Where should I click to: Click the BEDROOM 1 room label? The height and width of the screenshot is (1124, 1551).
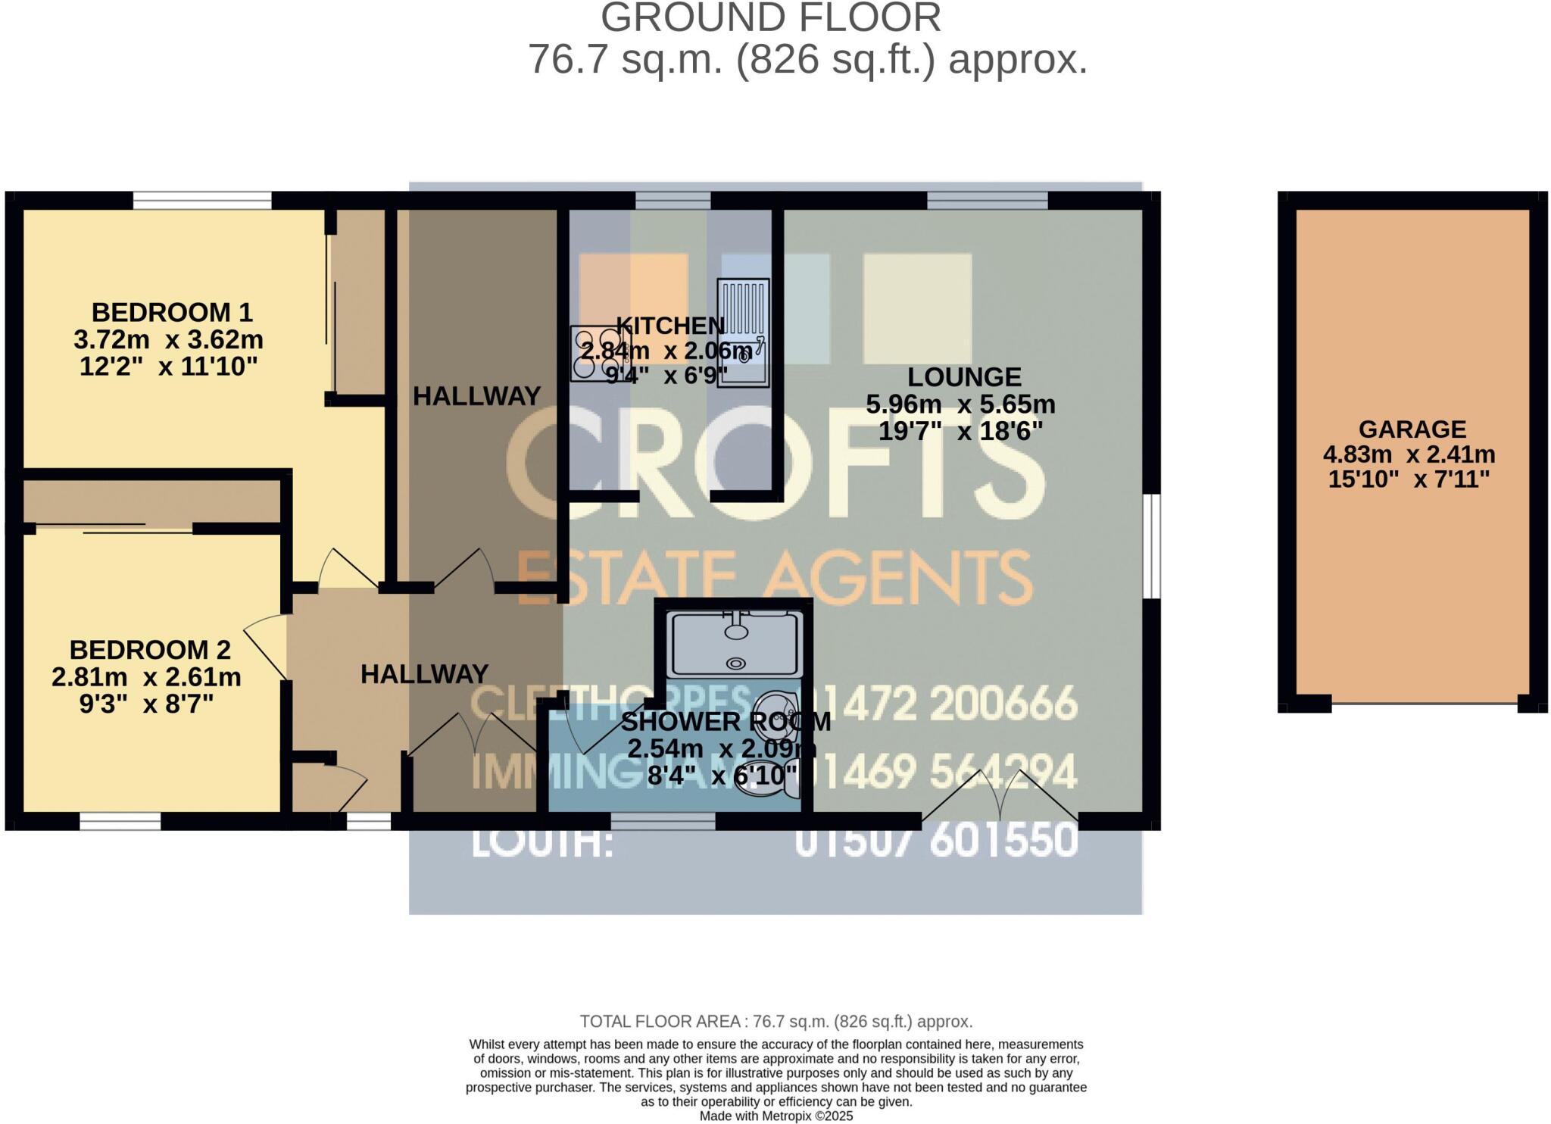tap(171, 312)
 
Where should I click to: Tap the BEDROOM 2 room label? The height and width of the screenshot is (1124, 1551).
tap(150, 650)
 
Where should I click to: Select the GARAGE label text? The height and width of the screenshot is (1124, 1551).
tap(1412, 429)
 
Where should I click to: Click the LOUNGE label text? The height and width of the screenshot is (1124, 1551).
tap(964, 376)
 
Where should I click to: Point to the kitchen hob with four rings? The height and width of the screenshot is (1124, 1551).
tap(595, 353)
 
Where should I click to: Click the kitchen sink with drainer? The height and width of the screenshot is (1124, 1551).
tap(743, 333)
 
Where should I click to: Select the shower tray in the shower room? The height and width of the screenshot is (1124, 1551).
tap(734, 645)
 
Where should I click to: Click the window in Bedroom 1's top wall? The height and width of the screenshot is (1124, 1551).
tap(202, 200)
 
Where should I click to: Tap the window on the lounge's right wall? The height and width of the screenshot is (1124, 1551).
tap(1151, 546)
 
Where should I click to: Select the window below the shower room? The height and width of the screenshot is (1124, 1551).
tap(663, 821)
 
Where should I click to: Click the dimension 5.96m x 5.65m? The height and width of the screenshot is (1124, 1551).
tap(960, 404)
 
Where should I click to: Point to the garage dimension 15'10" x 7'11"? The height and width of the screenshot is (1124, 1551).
tap(1409, 479)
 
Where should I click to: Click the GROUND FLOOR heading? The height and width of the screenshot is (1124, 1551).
tap(770, 18)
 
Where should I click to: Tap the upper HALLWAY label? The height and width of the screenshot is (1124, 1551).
tap(476, 396)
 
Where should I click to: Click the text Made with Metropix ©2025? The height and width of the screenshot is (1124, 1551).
tap(775, 1116)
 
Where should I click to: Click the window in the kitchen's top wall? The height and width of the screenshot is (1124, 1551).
tap(673, 200)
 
